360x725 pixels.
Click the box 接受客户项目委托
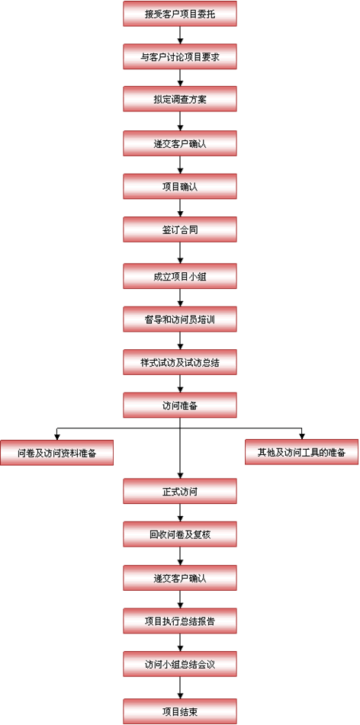pyautogui.click(x=180, y=14)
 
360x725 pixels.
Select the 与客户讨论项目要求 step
pyautogui.click(x=180, y=56)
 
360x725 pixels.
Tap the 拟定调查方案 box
pyautogui.click(x=180, y=100)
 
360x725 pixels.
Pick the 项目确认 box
pyautogui.click(x=180, y=186)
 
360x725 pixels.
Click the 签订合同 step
pyautogui.click(x=180, y=229)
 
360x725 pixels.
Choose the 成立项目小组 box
pyautogui.click(x=180, y=276)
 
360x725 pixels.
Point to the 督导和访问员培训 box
pyautogui.click(x=180, y=319)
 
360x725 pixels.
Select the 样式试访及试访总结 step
pyautogui.click(x=180, y=362)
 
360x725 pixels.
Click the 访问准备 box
pyautogui.click(x=180, y=406)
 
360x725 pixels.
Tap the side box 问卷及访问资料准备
pyautogui.click(x=57, y=453)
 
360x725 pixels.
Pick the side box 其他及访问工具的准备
pyautogui.click(x=302, y=452)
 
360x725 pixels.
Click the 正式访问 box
pyautogui.click(x=180, y=491)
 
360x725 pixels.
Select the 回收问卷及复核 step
pyautogui.click(x=180, y=534)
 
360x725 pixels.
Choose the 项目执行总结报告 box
pyautogui.click(x=180, y=621)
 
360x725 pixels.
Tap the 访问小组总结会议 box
pyautogui.click(x=180, y=665)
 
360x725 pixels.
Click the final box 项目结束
pyautogui.click(x=180, y=711)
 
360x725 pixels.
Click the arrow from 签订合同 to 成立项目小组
pyautogui.click(x=180, y=253)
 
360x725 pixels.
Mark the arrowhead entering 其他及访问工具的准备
pyautogui.click(x=302, y=436)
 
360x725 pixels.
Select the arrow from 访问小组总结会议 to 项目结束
pyautogui.click(x=180, y=688)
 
